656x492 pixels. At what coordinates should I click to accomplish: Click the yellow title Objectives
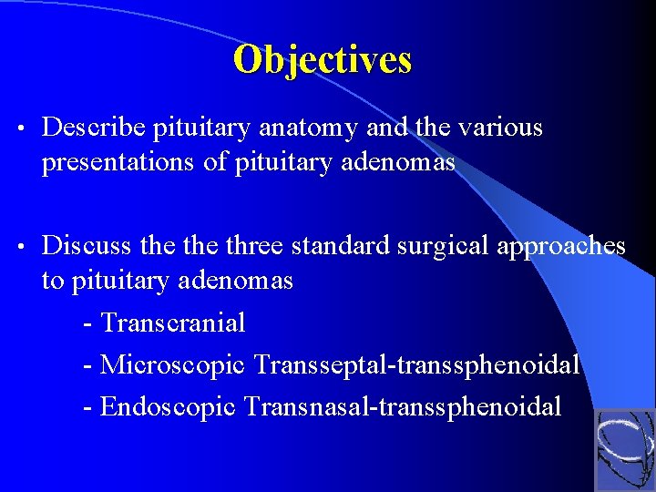coord(323,60)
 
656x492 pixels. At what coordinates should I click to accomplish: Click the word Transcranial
coord(173,323)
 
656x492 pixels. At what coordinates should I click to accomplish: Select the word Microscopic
coord(173,364)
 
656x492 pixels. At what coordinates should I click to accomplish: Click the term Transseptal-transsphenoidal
coord(417,364)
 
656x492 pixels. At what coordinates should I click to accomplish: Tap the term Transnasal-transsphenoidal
coord(403,406)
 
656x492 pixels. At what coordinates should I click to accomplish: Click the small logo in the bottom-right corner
coord(624,449)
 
